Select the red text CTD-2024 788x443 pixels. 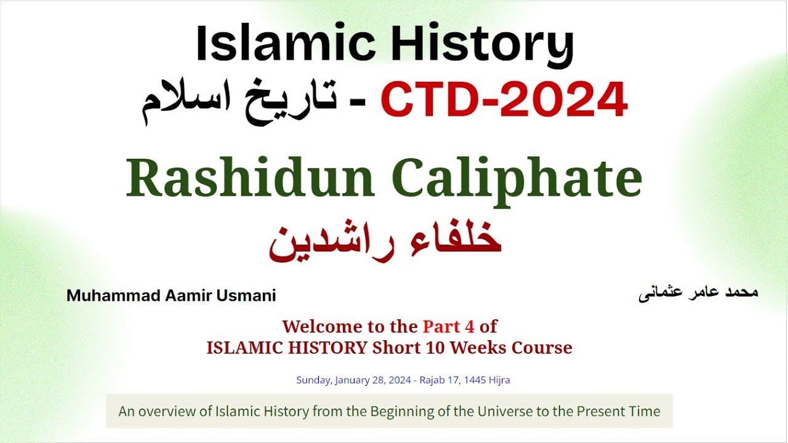pyautogui.click(x=504, y=100)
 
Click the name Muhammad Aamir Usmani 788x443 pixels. pyautogui.click(x=171, y=296)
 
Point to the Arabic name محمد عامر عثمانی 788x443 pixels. pyautogui.click(x=699, y=293)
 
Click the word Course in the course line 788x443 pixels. pyautogui.click(x=544, y=348)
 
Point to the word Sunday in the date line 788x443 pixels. pyautogui.click(x=314, y=380)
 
